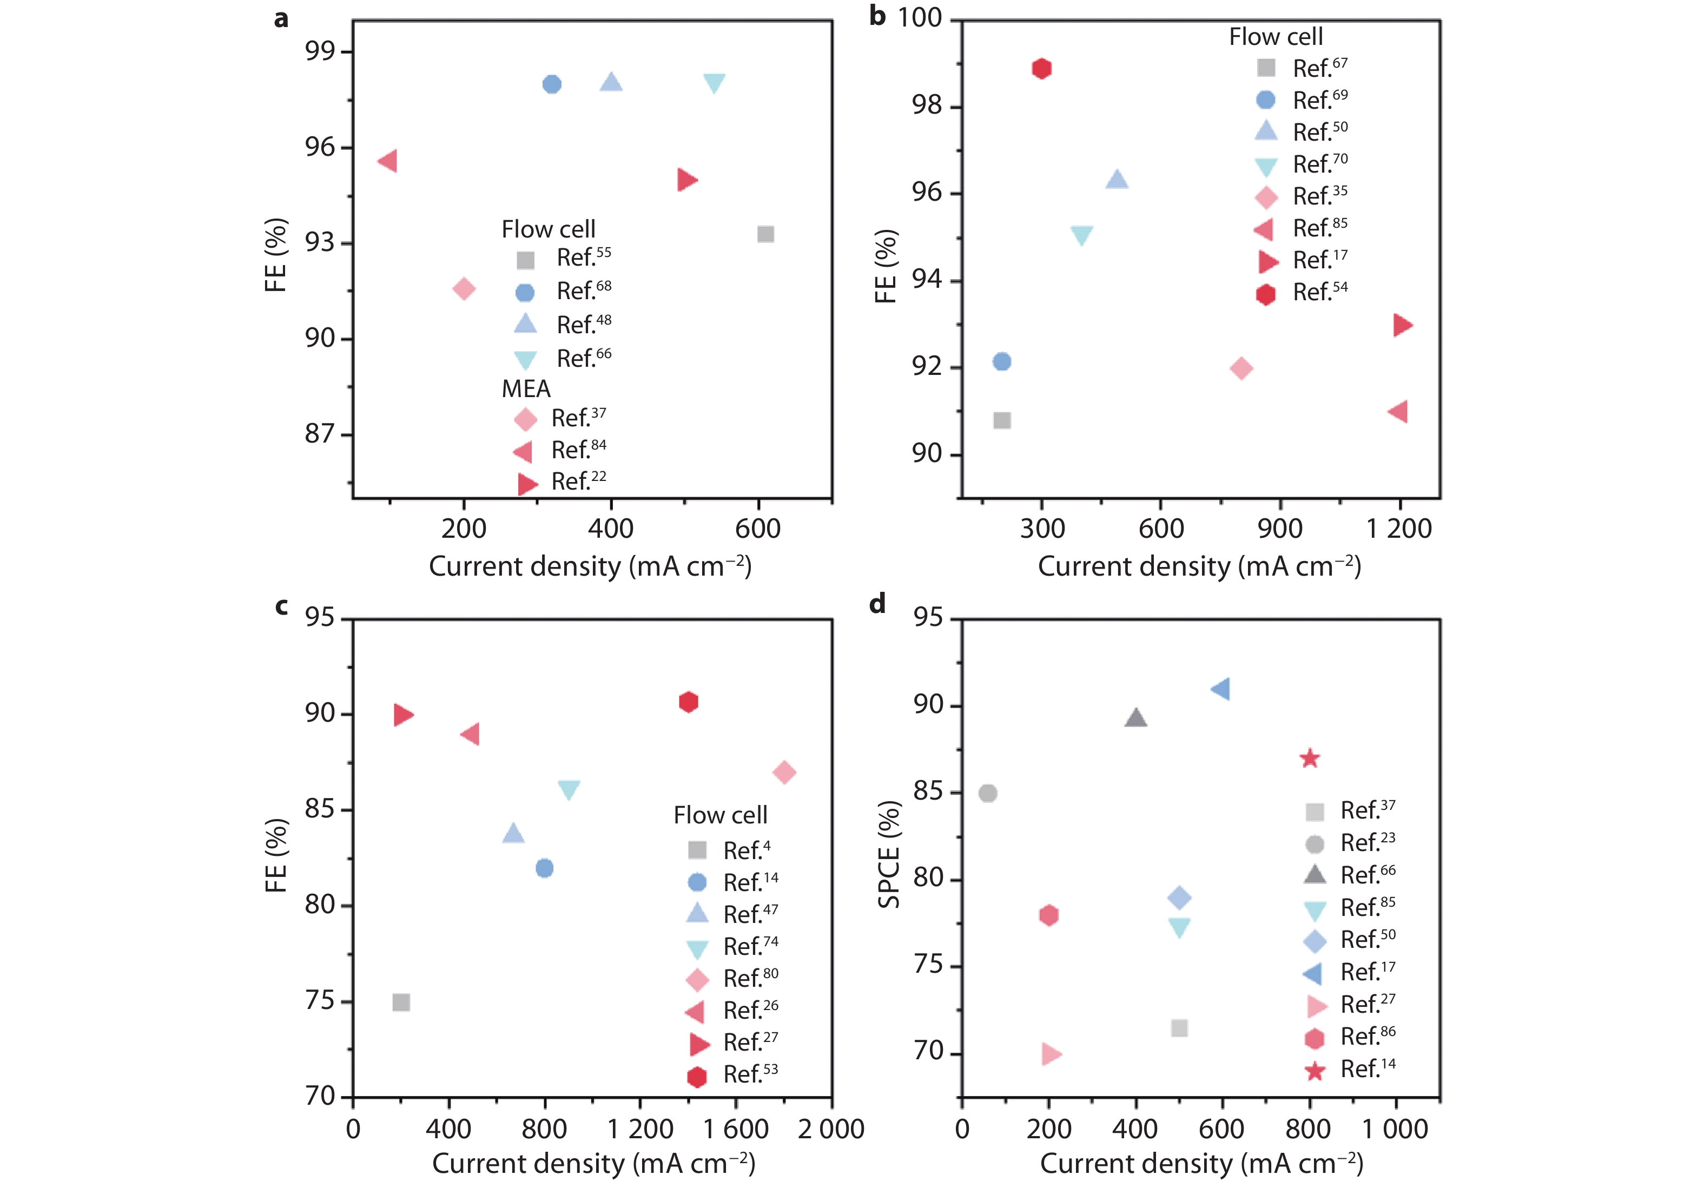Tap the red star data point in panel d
1310,758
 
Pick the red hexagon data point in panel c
688,702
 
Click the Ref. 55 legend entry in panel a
583,258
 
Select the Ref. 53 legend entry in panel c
750,1074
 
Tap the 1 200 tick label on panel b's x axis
1398,529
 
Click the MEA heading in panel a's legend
526,389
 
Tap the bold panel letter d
877,604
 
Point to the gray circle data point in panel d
987,793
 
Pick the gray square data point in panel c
401,1002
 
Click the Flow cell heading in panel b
1276,37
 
